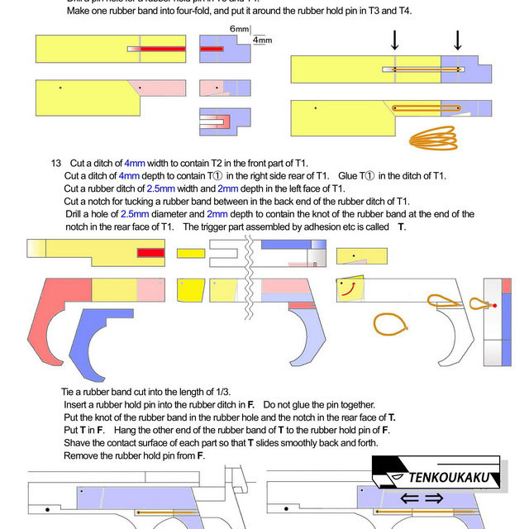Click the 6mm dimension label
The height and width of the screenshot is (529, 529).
point(238,28)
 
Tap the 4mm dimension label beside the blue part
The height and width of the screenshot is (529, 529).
point(262,40)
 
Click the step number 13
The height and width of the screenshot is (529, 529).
point(57,162)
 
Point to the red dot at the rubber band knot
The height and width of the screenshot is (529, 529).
point(494,306)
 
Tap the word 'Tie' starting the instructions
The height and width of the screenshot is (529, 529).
point(69,391)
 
